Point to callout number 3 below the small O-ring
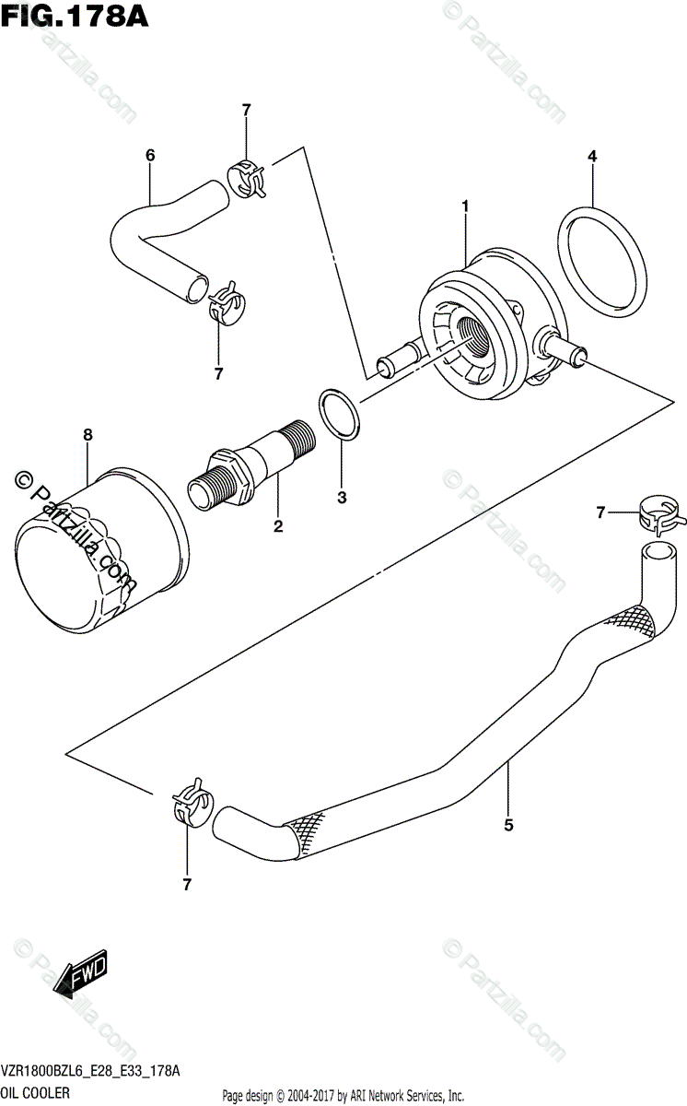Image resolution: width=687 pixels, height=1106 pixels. click(x=342, y=498)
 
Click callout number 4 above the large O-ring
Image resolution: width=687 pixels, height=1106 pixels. click(x=592, y=157)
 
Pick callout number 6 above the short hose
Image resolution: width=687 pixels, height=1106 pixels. click(x=150, y=156)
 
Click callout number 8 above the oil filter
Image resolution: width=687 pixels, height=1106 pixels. click(x=87, y=433)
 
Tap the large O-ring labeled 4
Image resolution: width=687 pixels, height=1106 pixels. click(x=600, y=261)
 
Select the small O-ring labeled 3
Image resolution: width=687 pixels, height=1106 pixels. click(x=340, y=415)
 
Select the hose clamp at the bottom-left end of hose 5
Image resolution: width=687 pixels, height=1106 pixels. click(x=191, y=799)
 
